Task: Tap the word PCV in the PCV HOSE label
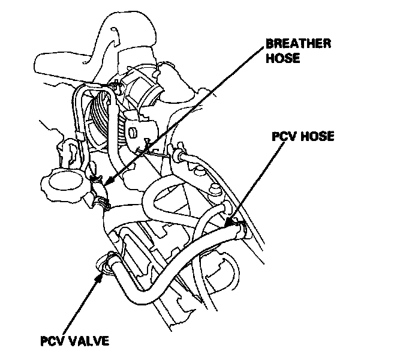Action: (284, 137)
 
